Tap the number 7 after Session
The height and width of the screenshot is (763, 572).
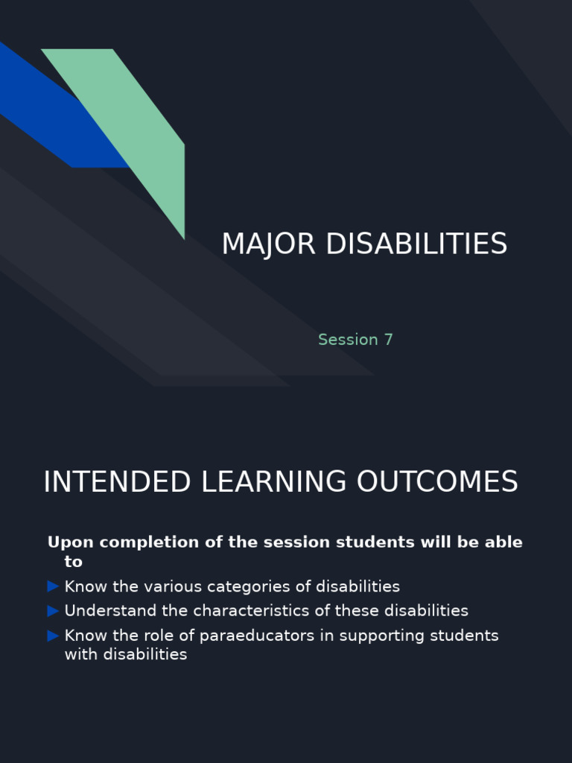click(388, 340)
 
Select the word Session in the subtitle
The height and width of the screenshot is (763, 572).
click(348, 340)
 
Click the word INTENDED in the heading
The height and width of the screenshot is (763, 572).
click(118, 482)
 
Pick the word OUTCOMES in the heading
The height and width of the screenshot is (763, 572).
click(436, 482)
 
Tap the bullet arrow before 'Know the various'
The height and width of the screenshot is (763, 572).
click(53, 586)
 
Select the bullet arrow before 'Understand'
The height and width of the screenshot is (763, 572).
click(53, 611)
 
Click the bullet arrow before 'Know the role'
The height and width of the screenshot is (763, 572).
click(53, 636)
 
